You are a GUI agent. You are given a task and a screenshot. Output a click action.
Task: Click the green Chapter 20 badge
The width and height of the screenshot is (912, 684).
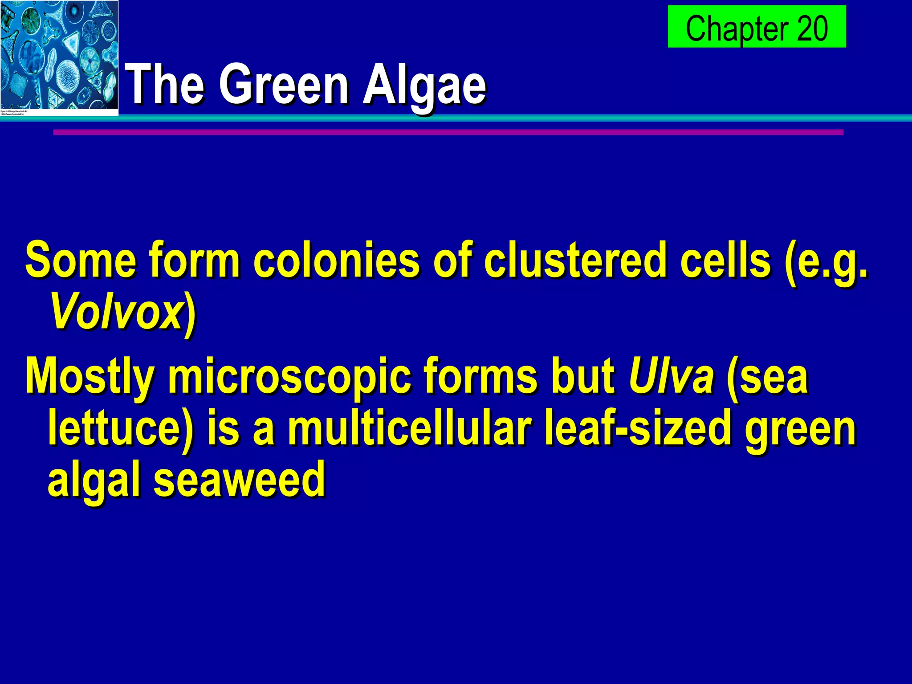click(x=757, y=27)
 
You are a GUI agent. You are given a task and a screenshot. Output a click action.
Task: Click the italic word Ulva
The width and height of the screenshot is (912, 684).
click(x=671, y=378)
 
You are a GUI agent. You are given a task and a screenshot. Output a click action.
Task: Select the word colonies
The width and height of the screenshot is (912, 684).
click(x=336, y=261)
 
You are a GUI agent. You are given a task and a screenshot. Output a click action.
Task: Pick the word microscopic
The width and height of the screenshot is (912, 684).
click(x=289, y=378)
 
